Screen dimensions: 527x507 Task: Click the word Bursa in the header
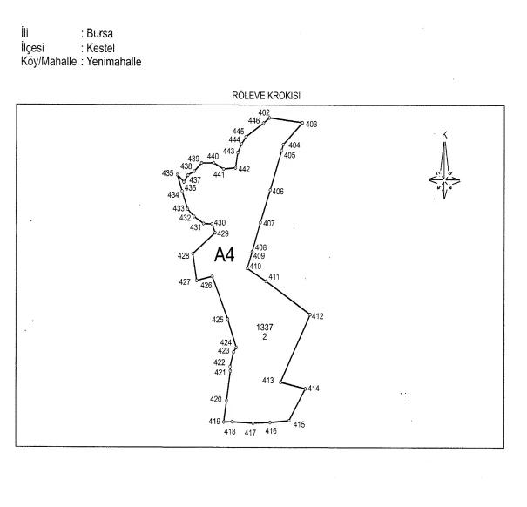coord(99,33)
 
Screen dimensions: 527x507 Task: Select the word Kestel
coord(100,48)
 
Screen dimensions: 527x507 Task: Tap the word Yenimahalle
coord(113,62)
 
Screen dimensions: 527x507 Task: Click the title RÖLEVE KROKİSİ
coord(266,96)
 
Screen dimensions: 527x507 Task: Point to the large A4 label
coord(224,254)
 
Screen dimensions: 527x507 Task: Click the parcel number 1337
coord(265,328)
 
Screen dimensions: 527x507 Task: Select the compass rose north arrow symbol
coord(444,171)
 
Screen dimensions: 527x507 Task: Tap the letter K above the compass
coord(444,135)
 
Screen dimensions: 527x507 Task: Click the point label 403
coord(311,125)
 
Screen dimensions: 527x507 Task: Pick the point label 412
coord(317,316)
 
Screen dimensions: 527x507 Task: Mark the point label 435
coord(168,173)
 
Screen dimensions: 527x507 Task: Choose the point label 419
coord(214,422)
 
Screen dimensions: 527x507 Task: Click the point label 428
coord(184,256)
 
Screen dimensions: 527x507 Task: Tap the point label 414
coord(314,389)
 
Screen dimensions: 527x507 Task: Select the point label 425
coord(218,320)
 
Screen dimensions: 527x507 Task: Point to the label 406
coord(278,192)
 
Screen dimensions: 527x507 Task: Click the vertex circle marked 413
coord(280,382)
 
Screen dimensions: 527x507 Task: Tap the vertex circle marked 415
coord(289,421)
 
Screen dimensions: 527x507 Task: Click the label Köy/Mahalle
coord(49,62)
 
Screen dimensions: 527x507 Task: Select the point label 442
coord(245,170)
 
